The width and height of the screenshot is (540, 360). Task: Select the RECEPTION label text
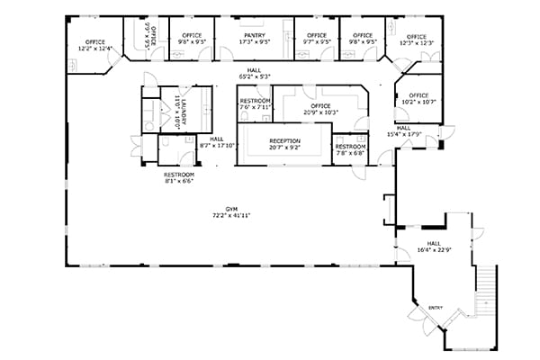(x=284, y=141)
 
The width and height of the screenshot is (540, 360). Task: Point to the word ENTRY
(x=436, y=307)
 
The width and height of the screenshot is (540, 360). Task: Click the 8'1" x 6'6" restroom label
(x=178, y=179)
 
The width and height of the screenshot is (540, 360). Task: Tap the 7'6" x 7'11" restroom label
(x=256, y=107)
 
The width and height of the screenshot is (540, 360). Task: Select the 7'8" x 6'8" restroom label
(x=350, y=153)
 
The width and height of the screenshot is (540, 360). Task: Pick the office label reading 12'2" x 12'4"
(x=94, y=48)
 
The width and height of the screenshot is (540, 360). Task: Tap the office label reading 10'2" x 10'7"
(x=418, y=102)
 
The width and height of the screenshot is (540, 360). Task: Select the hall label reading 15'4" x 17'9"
(x=403, y=134)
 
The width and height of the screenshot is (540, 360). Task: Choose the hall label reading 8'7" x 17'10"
(x=217, y=144)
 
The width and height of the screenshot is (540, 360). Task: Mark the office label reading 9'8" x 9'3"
(x=191, y=42)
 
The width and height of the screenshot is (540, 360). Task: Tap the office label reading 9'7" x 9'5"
(x=317, y=42)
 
